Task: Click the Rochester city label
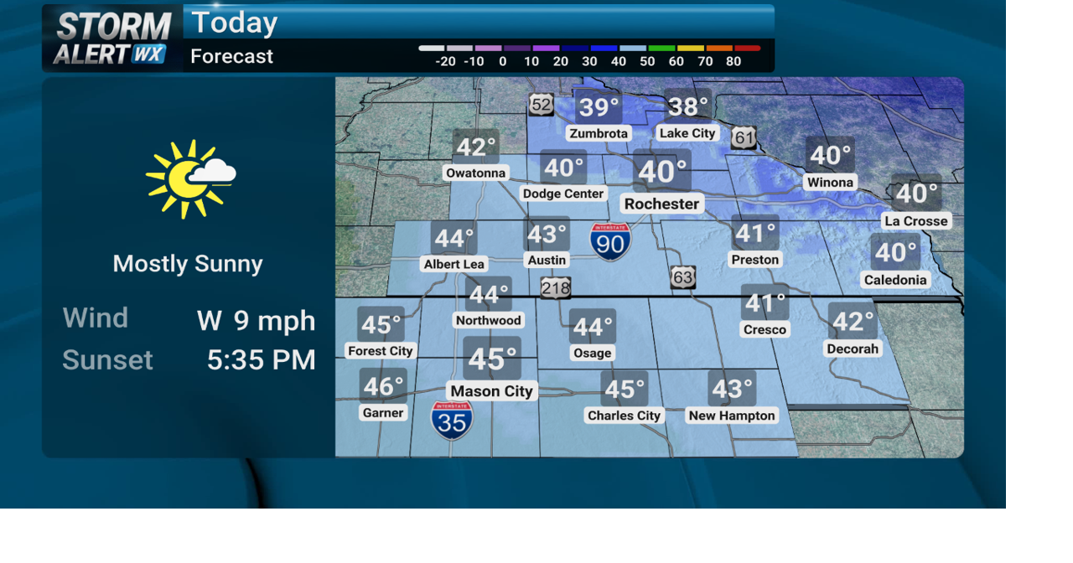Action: click(x=661, y=204)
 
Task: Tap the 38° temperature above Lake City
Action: click(x=688, y=106)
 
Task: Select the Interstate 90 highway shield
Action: click(x=610, y=241)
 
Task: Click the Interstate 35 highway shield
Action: click(x=452, y=420)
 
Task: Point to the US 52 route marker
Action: click(x=542, y=105)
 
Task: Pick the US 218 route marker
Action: click(x=555, y=288)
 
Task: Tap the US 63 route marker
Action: click(x=682, y=277)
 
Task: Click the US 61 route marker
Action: click(x=744, y=137)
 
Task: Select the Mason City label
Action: click(x=491, y=391)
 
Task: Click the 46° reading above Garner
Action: click(x=383, y=386)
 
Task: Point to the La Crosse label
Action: click(x=915, y=221)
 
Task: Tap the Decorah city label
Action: click(x=853, y=349)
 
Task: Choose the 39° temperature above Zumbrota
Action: click(x=599, y=107)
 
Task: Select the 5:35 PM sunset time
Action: click(x=261, y=360)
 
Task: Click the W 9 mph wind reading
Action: click(x=256, y=320)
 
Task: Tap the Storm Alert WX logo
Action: click(x=112, y=39)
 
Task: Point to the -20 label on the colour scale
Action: click(x=445, y=61)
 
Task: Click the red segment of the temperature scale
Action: click(x=748, y=49)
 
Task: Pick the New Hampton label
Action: click(x=732, y=416)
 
